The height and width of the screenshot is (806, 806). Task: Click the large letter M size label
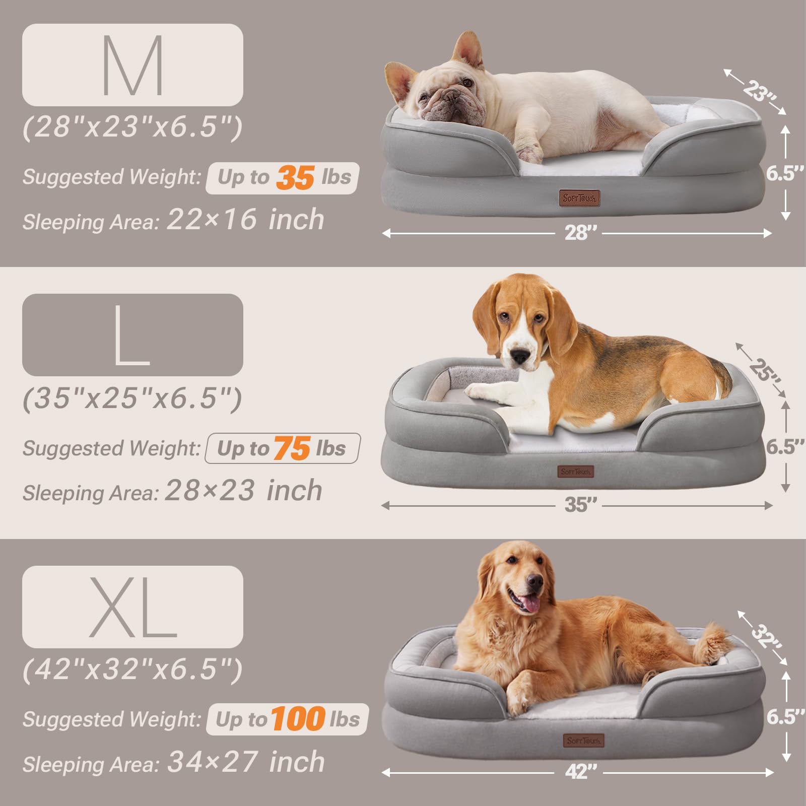(x=132, y=65)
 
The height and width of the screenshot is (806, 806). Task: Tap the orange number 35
(x=295, y=178)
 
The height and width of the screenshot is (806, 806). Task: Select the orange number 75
(x=292, y=448)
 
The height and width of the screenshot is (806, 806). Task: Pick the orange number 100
(x=298, y=719)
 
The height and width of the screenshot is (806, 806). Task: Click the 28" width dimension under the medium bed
(x=580, y=233)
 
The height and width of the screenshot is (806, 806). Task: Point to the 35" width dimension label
(x=580, y=505)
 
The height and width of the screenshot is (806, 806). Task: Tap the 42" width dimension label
(x=581, y=772)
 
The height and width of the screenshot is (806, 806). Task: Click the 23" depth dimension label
(x=759, y=91)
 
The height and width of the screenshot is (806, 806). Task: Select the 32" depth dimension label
(x=766, y=637)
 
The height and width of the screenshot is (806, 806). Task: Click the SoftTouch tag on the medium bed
(x=580, y=198)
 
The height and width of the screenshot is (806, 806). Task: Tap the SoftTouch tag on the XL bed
(x=583, y=741)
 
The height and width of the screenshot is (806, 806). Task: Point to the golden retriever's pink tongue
(x=529, y=603)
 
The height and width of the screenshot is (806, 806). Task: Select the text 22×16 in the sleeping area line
(x=212, y=220)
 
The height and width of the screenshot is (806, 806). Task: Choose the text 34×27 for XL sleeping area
(x=213, y=762)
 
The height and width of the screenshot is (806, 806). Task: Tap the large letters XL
(x=132, y=607)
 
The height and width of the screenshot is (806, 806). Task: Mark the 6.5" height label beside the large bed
(x=784, y=447)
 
